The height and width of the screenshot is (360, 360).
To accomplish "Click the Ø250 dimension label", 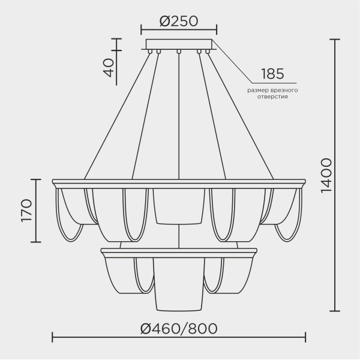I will [179, 20].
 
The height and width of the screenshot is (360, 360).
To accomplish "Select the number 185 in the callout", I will [272, 74].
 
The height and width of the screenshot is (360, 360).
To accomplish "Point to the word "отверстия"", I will [272, 96].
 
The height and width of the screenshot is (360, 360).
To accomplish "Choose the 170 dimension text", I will [26, 210].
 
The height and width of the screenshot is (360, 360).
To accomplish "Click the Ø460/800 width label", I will [178, 328].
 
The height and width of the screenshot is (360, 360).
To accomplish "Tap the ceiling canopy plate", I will [179, 44].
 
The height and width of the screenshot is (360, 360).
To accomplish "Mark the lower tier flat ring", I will [179, 250].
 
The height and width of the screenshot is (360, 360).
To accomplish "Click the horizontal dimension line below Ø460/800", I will [179, 337].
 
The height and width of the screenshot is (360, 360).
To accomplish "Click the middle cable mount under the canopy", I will [179, 52].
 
